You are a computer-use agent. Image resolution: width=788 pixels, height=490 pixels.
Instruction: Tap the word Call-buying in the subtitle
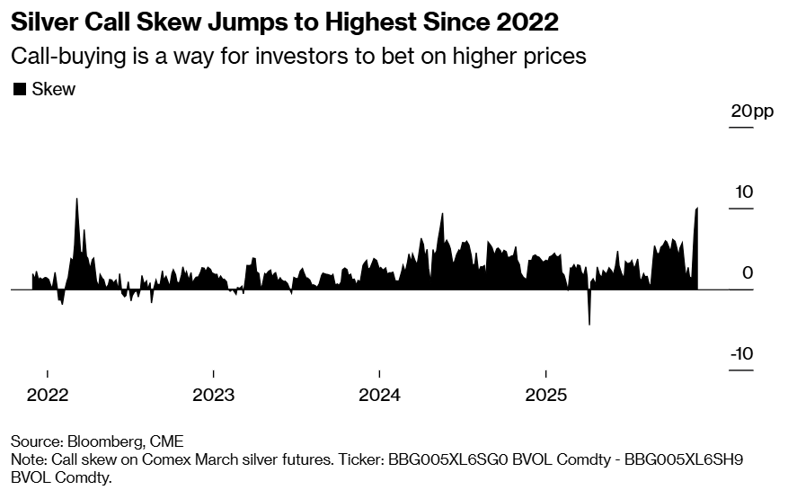[x=61, y=56]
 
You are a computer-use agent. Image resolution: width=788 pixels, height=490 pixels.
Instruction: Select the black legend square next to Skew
[x=19, y=89]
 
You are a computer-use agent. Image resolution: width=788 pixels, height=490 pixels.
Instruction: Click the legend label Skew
[x=53, y=89]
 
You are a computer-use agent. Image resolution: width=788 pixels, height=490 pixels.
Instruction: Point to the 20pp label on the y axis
[x=751, y=111]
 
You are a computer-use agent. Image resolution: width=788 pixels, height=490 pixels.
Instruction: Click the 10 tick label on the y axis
[x=742, y=192]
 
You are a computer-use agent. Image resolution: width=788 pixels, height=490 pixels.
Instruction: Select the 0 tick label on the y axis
[x=748, y=273]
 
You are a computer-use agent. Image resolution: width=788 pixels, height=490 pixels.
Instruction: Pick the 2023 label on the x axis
[x=213, y=395]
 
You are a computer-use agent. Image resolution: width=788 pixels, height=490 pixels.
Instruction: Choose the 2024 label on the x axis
[x=379, y=395]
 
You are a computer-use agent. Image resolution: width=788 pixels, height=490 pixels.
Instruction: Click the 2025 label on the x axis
[x=545, y=395]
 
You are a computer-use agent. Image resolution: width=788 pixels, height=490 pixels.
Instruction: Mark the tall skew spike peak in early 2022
[x=76, y=200]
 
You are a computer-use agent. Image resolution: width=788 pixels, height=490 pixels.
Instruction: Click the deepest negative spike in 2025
[x=589, y=323]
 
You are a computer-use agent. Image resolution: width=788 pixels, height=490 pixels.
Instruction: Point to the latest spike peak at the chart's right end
[x=697, y=209]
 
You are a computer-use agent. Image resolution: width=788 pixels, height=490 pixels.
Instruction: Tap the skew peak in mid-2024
[x=442, y=215]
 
